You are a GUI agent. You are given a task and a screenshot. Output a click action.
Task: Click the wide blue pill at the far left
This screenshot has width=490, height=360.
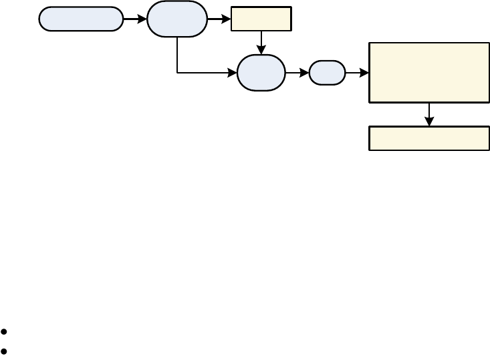(81, 19)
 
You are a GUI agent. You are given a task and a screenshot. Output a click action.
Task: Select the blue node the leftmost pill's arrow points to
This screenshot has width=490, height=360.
(176, 19)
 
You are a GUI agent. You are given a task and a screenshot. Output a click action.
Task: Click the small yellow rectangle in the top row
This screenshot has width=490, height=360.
(261, 19)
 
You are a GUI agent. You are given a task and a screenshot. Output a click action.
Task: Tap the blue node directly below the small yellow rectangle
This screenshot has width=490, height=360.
(261, 72)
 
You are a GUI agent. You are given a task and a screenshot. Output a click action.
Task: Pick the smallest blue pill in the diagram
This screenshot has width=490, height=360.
(327, 72)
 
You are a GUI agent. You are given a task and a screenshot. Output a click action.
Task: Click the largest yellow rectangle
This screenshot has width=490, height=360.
(429, 72)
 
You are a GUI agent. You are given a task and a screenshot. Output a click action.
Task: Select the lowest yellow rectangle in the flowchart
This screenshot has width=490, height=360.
(429, 138)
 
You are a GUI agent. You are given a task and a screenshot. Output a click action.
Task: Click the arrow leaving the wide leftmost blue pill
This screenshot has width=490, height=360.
(135, 19)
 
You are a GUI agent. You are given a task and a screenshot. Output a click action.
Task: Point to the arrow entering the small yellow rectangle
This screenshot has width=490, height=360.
(219, 19)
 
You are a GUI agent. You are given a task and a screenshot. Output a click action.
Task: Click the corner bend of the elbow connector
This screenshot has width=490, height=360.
(177, 72)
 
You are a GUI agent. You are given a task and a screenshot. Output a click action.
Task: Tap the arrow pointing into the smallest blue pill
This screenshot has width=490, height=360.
(297, 72)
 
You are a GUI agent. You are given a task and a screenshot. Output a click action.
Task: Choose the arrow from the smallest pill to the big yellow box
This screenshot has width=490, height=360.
(357, 72)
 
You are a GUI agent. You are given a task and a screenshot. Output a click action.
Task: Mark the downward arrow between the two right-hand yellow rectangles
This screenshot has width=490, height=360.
(429, 114)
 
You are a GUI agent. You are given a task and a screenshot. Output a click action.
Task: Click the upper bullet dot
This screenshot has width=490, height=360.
(5, 331)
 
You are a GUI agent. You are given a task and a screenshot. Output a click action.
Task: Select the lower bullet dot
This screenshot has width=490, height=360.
(5, 350)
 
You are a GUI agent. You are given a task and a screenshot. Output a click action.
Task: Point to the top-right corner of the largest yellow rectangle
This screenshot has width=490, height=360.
(489, 43)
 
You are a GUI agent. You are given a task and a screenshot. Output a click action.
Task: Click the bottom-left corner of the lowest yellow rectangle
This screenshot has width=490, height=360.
(370, 150)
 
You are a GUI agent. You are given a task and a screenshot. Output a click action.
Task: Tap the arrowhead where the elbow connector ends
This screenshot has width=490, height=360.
(233, 72)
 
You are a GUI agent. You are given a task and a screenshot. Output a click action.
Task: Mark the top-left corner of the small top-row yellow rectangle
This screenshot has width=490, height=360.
(232, 7)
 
